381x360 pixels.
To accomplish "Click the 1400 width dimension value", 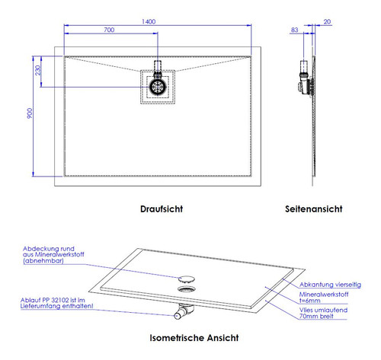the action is [x=149, y=21].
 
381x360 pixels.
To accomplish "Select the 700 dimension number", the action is [x=109, y=30].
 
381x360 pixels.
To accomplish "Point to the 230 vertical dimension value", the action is [x=38, y=70].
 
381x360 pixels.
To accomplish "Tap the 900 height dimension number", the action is [x=30, y=113].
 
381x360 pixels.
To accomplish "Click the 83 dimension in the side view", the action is [x=294, y=30].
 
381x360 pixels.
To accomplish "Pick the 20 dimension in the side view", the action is [x=327, y=22].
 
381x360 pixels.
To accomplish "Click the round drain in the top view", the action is [x=158, y=87].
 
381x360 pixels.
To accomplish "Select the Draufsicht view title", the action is [x=162, y=209].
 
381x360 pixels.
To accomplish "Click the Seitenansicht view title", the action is [x=314, y=209].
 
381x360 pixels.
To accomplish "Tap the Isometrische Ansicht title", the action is [x=194, y=338].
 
